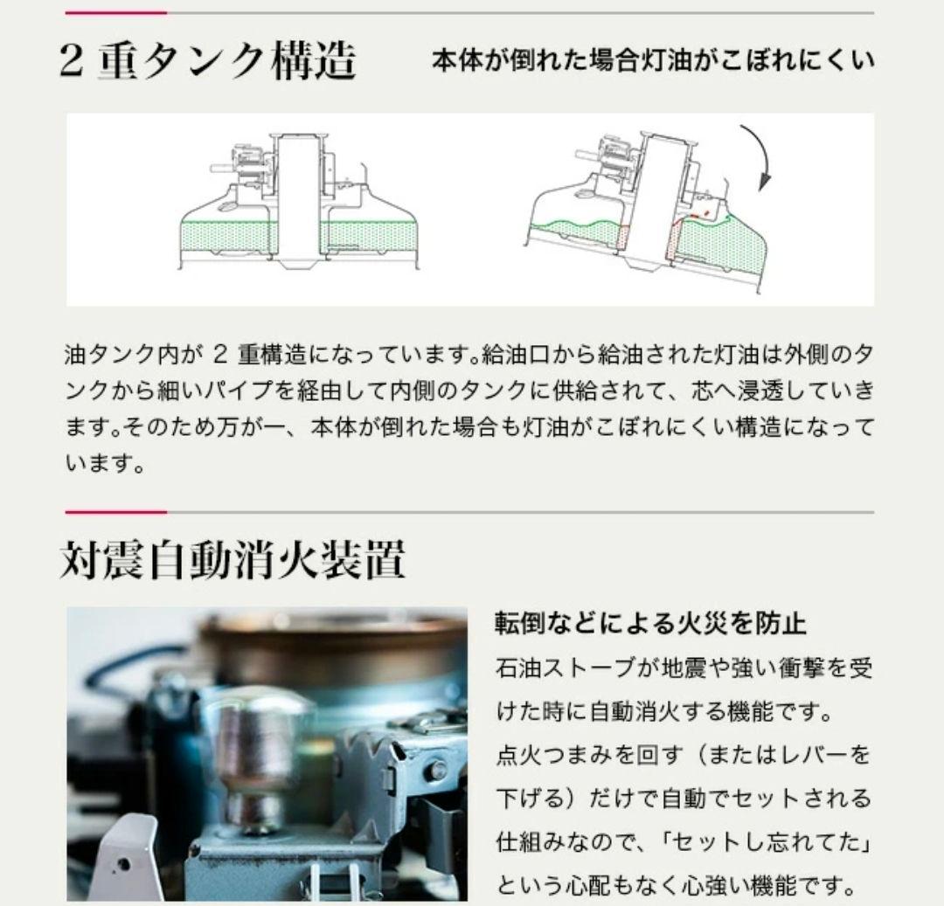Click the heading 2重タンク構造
208,61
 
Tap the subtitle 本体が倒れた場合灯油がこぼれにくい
653,61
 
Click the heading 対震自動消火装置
233,559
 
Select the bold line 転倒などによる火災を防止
650,623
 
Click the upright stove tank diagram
299,202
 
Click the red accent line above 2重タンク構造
115,12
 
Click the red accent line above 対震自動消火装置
115,513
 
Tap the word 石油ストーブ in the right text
566,668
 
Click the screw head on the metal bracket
436,770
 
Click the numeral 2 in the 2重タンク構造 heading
71,61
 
